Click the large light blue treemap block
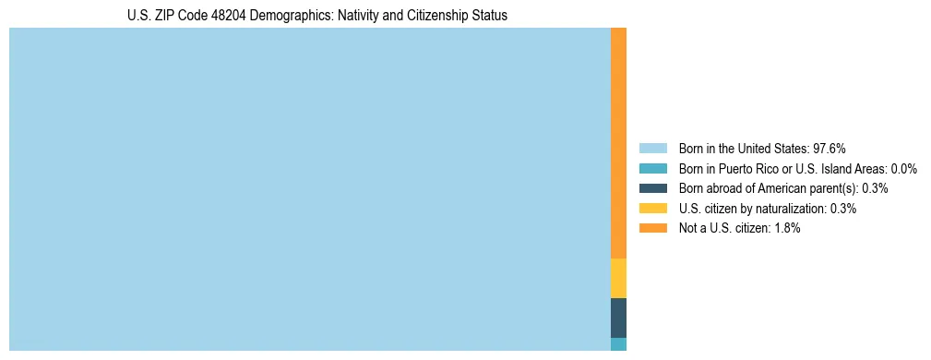click(x=309, y=189)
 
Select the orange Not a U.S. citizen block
click(x=618, y=143)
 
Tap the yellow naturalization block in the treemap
click(x=618, y=278)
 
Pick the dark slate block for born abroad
click(x=618, y=318)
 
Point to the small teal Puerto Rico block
click(x=618, y=344)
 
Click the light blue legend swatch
click(x=652, y=148)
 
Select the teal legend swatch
click(x=652, y=168)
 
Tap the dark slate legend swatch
click(x=652, y=188)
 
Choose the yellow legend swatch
click(x=652, y=209)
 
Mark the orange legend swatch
click(x=652, y=228)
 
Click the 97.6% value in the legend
click(x=830, y=148)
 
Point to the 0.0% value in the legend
click(x=903, y=168)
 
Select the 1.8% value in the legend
click(x=786, y=228)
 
